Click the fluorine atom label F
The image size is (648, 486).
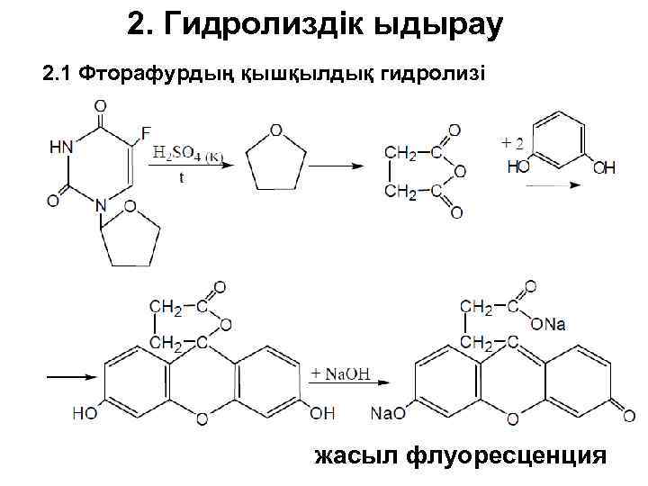click(145, 135)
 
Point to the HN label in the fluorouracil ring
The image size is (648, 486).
click(62, 147)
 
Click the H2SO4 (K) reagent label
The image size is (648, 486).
click(187, 155)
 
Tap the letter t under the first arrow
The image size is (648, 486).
click(181, 178)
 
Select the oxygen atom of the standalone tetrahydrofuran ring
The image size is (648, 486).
click(276, 130)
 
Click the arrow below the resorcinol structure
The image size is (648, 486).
click(549, 184)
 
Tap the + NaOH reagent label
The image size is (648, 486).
click(339, 373)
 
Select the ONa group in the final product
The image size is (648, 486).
click(548, 324)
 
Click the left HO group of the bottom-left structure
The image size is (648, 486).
click(85, 414)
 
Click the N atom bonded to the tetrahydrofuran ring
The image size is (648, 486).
click(101, 203)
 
